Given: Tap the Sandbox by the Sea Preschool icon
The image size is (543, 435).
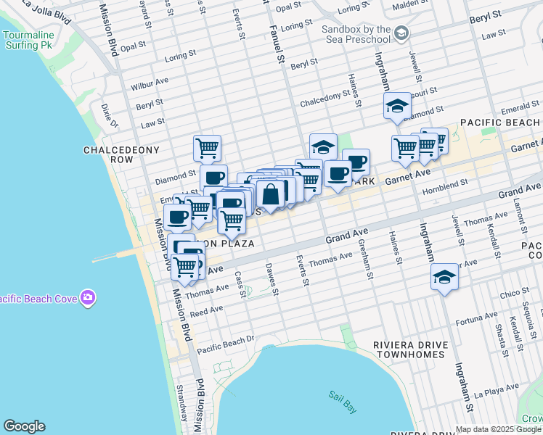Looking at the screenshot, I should pos(402,33).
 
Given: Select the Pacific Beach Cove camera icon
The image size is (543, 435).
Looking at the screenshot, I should pos(88,298).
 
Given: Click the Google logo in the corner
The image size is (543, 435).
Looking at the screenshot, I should pos(24,426).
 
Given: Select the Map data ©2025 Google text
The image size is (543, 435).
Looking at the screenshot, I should pos(498,429).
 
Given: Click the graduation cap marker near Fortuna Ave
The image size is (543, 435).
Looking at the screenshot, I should pos(444,277).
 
